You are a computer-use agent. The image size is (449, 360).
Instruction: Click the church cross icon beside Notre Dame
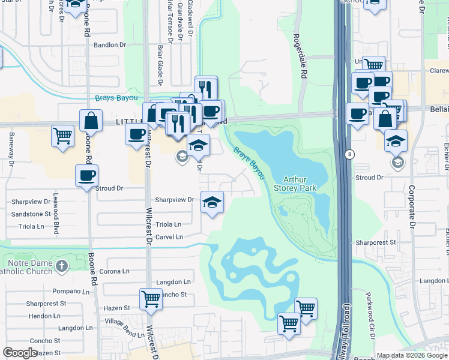62,265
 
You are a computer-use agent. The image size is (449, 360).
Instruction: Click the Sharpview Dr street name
175,200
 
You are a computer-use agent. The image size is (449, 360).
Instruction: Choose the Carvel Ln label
169,237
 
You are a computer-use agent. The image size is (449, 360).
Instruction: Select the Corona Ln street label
114,271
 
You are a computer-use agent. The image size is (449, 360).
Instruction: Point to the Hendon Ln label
44,316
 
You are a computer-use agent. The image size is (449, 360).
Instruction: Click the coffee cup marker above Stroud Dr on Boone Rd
86,176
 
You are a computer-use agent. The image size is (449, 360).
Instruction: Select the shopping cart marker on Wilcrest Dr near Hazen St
151,299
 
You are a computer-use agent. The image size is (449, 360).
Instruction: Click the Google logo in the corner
20,353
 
